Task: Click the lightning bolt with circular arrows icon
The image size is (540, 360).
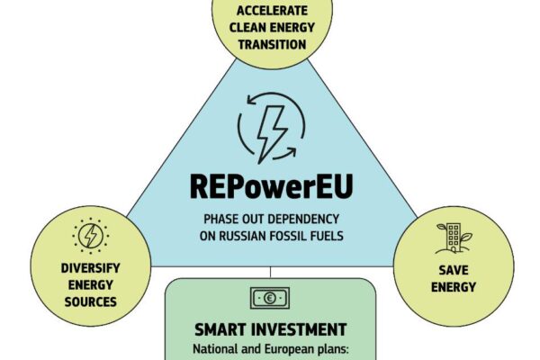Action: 269,131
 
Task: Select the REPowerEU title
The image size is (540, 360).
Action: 270,185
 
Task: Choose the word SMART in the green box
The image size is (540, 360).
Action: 220,328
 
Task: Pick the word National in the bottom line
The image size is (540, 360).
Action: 215,348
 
